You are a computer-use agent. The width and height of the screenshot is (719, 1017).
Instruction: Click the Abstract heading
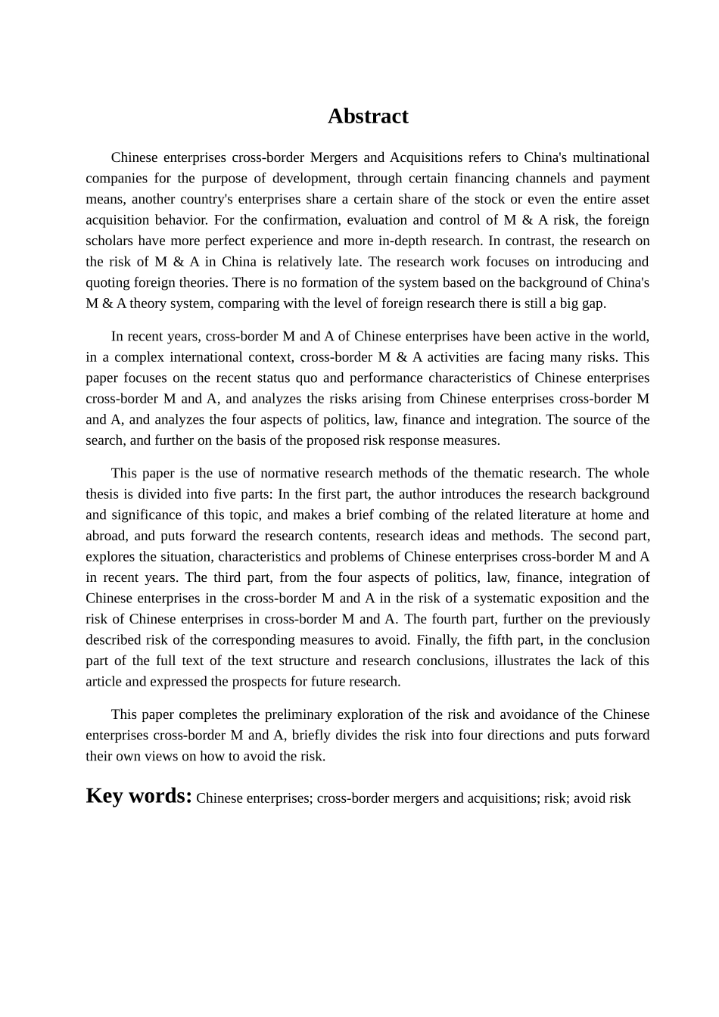pos(368,116)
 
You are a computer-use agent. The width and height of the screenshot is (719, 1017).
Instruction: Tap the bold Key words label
pos(139,796)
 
